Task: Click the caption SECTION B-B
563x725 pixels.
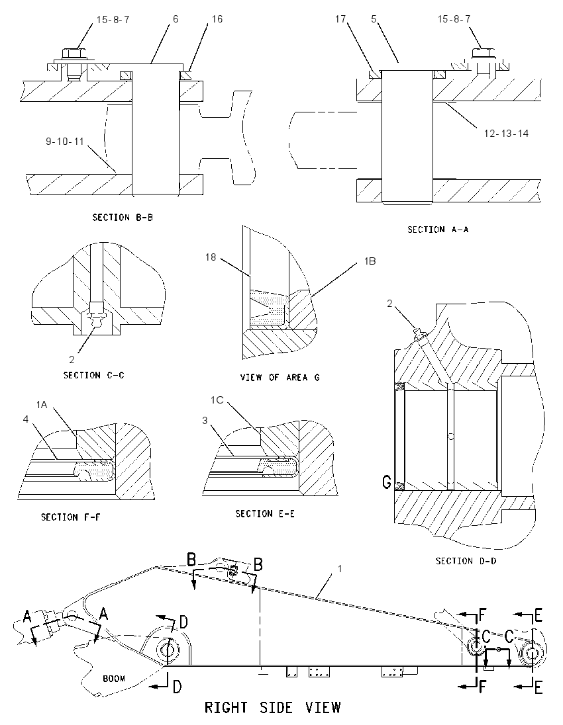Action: point(123,218)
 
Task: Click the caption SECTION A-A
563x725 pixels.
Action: point(438,230)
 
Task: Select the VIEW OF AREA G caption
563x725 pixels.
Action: point(280,377)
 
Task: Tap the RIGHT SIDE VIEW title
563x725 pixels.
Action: point(273,707)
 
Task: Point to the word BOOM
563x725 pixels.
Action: point(114,678)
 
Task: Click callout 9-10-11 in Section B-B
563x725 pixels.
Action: point(64,141)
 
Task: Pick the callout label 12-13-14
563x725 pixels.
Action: point(506,133)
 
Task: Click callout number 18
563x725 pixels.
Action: point(211,257)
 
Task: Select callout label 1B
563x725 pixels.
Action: point(370,261)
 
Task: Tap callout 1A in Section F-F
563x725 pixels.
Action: point(42,405)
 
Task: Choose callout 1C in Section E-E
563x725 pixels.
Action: point(217,400)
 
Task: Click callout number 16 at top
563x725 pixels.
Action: point(217,19)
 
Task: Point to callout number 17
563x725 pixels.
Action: point(340,19)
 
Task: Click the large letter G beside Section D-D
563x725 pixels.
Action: point(387,483)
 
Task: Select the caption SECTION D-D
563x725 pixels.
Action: point(466,561)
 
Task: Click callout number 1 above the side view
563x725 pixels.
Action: point(340,568)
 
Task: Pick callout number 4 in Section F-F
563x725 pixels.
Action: point(25,419)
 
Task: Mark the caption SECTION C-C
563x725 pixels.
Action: point(94,375)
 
